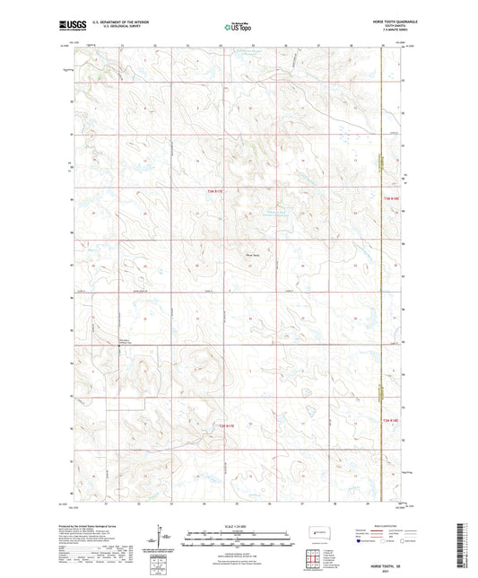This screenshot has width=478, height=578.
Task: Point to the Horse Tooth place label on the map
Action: tap(253, 251)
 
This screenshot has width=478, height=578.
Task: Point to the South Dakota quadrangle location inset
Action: tap(317, 530)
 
